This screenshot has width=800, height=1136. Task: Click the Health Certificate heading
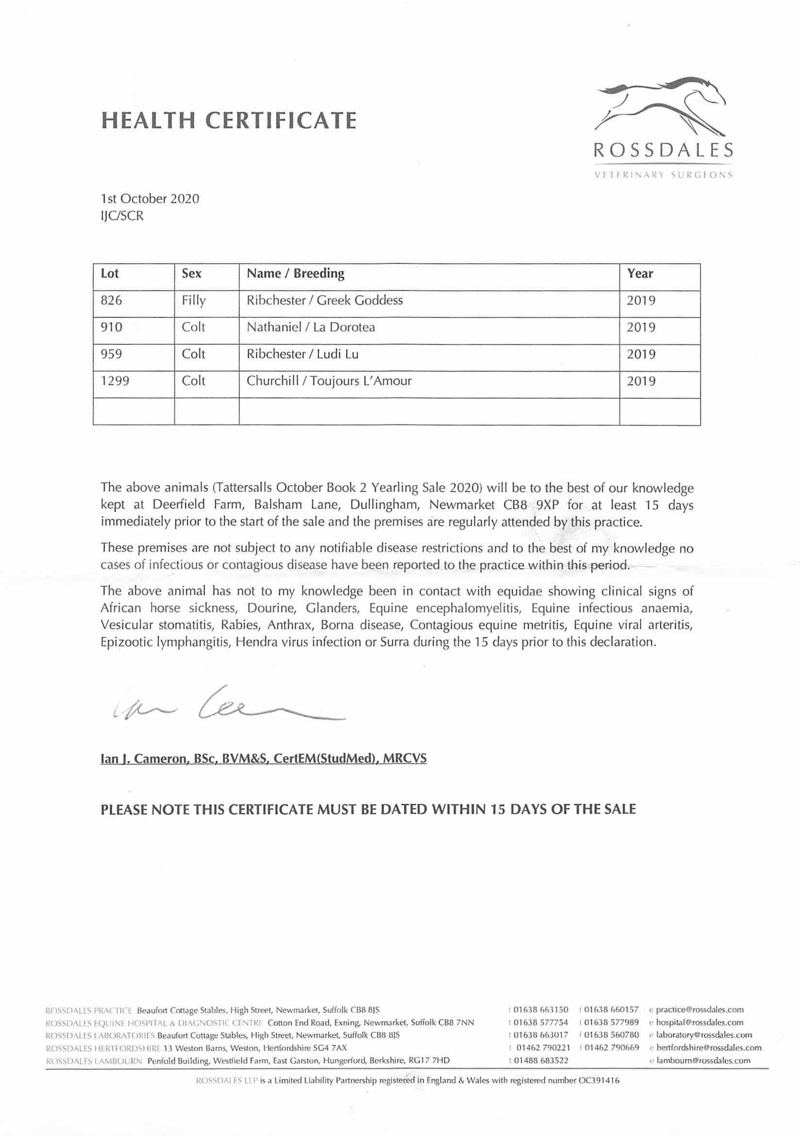click(228, 120)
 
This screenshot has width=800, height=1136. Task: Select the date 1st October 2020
click(150, 199)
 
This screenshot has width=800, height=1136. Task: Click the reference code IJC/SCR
click(122, 216)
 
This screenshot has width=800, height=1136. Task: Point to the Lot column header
click(109, 274)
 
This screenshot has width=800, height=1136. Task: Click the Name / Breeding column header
click(296, 274)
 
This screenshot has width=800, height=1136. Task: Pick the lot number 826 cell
click(111, 300)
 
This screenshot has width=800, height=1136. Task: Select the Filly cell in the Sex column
click(194, 300)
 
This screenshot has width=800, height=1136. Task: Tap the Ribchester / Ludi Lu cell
click(302, 354)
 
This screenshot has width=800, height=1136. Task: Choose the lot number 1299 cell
click(115, 381)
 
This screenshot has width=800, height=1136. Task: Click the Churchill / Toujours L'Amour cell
click(329, 381)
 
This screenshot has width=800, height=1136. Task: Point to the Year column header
click(640, 274)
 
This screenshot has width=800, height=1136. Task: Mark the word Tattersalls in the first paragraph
click(243, 488)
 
